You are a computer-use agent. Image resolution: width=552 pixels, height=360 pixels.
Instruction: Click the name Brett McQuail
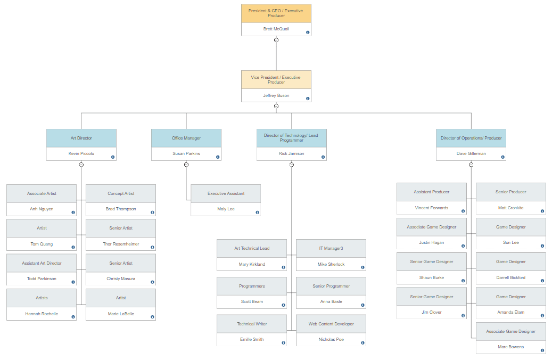(x=276, y=29)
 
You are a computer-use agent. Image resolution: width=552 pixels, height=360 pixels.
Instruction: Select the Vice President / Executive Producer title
(x=276, y=80)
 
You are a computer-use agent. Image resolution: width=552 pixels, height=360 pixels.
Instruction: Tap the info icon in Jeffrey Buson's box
(x=308, y=99)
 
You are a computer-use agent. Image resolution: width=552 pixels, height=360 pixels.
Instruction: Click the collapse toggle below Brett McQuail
(x=276, y=40)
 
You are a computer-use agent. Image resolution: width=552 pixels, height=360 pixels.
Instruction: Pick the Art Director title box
(x=81, y=138)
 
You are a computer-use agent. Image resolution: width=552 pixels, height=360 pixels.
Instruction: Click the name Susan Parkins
(x=186, y=153)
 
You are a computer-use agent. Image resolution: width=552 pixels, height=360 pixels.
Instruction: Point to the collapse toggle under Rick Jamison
(x=292, y=165)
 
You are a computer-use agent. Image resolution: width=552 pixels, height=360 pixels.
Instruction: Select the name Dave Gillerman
(x=471, y=153)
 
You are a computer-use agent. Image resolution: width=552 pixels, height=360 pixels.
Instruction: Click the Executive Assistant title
(x=226, y=193)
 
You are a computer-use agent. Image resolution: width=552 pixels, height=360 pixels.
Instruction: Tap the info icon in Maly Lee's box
(x=257, y=212)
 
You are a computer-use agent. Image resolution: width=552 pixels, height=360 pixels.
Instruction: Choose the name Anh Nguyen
(x=42, y=209)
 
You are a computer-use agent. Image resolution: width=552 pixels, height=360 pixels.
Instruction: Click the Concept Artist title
(x=121, y=193)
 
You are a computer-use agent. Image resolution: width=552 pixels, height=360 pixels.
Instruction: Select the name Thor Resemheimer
(x=121, y=244)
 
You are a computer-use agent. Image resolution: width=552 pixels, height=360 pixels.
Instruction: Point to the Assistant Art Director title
(x=42, y=263)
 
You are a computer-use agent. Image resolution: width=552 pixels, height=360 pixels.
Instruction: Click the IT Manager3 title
(x=331, y=248)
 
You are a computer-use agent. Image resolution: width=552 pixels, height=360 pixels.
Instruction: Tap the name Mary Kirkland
(x=252, y=264)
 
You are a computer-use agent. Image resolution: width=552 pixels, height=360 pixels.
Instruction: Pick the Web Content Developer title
(x=331, y=324)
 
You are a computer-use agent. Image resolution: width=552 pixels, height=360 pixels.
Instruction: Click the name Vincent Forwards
(x=432, y=208)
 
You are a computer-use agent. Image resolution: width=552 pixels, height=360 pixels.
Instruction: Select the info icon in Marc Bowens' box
(x=542, y=350)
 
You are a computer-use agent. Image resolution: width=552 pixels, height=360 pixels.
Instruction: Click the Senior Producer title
(x=511, y=192)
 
